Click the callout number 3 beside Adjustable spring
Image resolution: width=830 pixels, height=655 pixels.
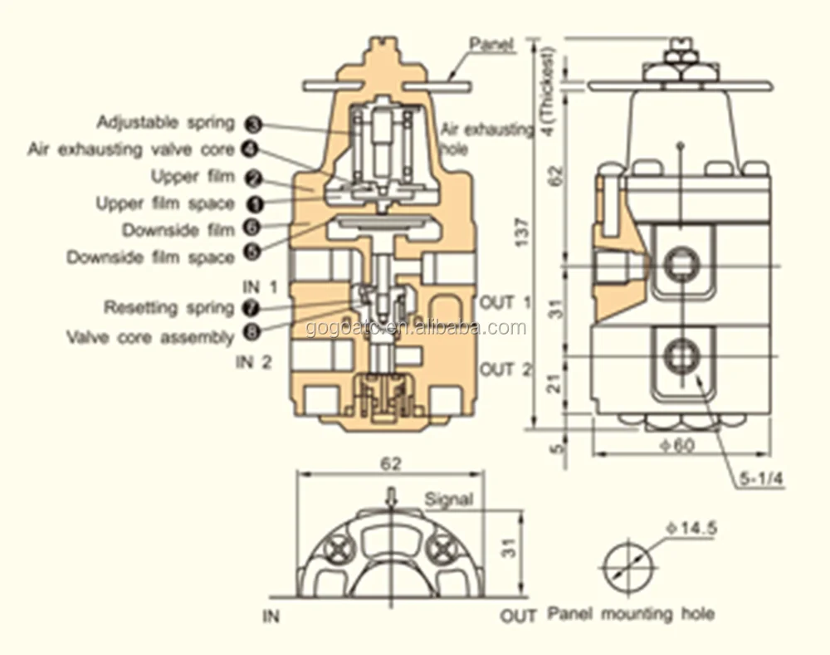tap(254, 124)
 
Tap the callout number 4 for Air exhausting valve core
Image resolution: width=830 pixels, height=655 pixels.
tap(249, 149)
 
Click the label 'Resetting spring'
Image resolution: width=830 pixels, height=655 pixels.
tap(168, 308)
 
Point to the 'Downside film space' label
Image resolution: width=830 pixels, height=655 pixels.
tap(150, 257)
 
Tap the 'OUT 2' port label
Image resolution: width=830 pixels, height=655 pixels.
tap(505, 369)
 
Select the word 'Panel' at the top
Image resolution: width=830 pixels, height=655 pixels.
tap(492, 42)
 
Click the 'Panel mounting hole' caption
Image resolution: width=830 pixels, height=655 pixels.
tap(631, 614)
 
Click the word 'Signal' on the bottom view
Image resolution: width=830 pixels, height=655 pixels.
tap(448, 499)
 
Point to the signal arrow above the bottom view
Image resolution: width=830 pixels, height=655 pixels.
tap(393, 496)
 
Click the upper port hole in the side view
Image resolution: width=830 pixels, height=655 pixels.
tap(680, 266)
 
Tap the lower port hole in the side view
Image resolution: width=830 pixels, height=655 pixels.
tap(680, 356)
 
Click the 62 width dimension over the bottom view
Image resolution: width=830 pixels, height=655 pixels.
tap(392, 464)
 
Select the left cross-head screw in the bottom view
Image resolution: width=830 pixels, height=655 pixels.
tap(337, 549)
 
